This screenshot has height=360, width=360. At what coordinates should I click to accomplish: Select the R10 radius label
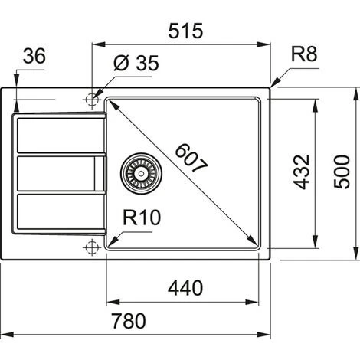tap(142, 218)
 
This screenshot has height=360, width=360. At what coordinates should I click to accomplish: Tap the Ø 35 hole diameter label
tap(136, 64)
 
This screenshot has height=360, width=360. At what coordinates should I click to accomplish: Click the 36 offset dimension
tap(34, 57)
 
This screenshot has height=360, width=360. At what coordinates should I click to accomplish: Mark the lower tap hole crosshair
tap(92, 247)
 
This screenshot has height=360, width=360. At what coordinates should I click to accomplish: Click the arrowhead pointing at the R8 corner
tap(273, 82)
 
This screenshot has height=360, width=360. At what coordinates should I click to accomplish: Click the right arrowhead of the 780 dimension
tap(267, 335)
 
